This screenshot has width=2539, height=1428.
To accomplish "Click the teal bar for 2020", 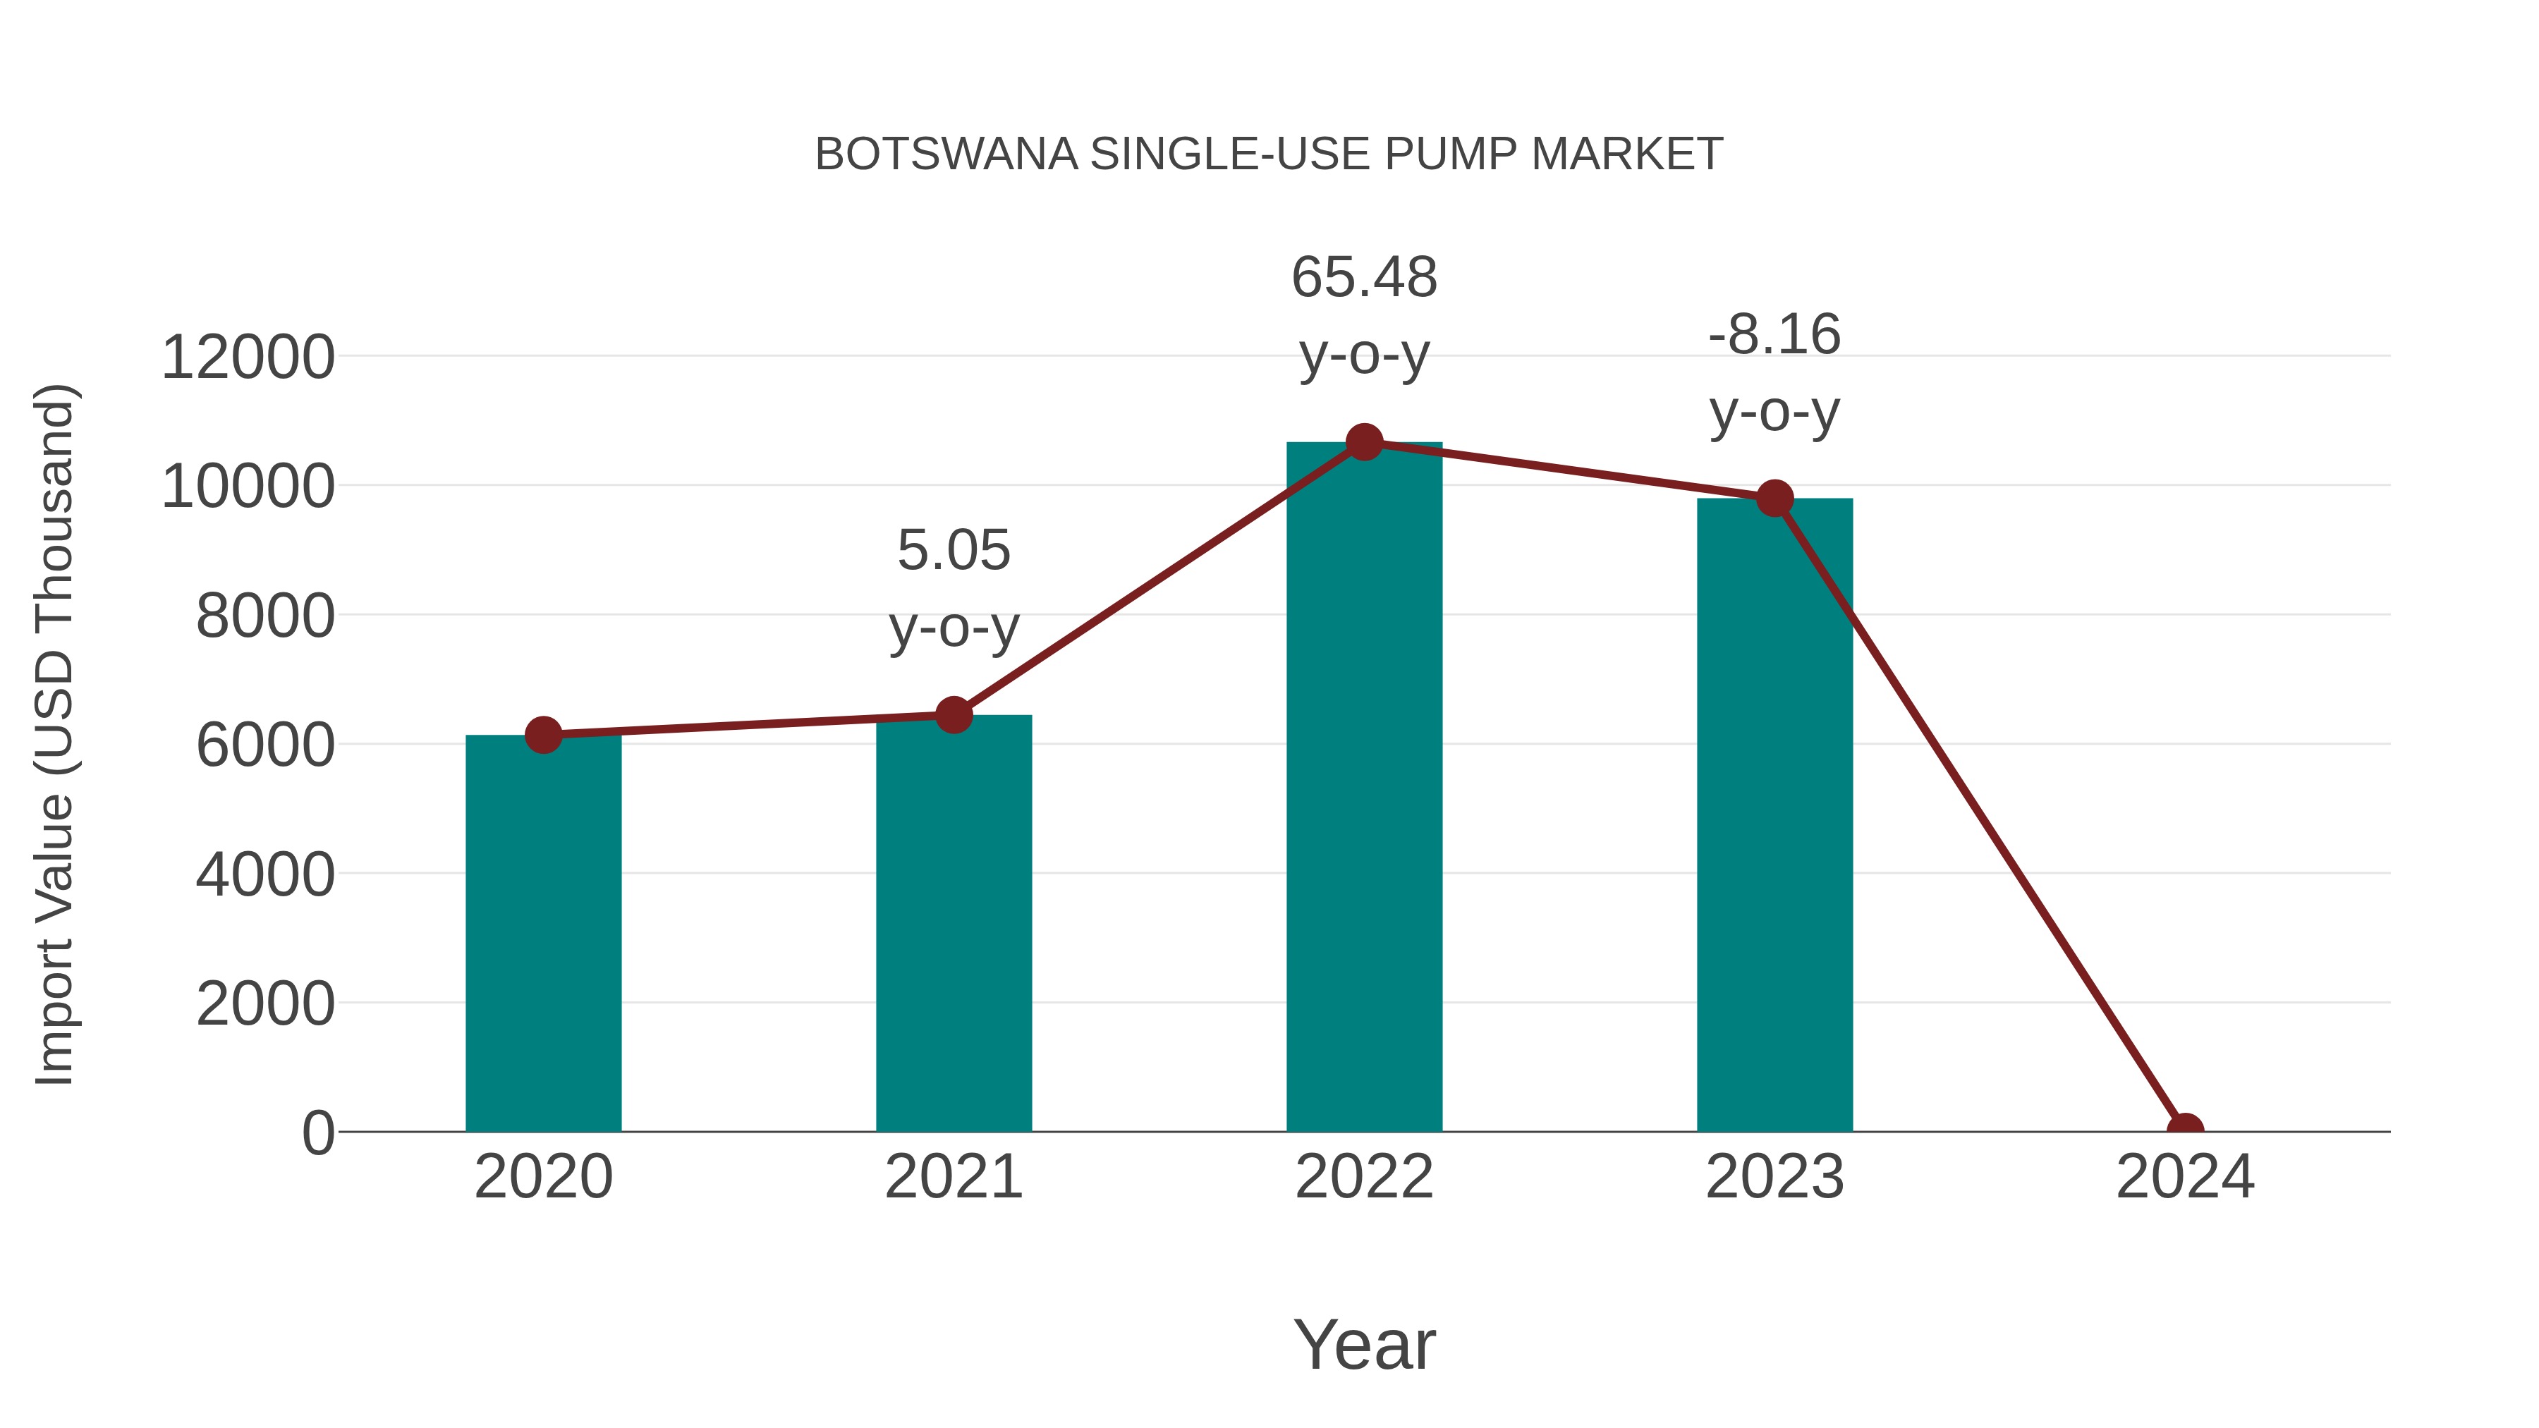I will click(x=543, y=936).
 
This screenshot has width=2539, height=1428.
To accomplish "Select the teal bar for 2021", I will click(x=953, y=927).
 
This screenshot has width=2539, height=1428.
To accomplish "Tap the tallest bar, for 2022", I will click(x=1364, y=788).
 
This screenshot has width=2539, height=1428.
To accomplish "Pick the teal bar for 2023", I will click(x=1774, y=818).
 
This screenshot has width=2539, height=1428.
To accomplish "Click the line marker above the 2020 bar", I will click(x=543, y=734).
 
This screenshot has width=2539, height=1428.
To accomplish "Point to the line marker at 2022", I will click(x=1364, y=442).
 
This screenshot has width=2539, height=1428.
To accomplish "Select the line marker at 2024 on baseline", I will click(x=2185, y=1130).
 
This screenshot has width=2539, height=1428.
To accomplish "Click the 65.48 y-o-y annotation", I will click(x=1364, y=315).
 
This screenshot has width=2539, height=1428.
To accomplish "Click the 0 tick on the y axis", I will click(x=318, y=1133).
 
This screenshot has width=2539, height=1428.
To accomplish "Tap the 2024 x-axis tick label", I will click(x=2185, y=1177).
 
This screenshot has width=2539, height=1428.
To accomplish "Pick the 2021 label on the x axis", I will click(x=953, y=1177).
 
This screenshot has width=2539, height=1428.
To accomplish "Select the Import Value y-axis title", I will click(x=55, y=734).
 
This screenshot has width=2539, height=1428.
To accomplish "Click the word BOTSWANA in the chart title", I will click(x=946, y=154).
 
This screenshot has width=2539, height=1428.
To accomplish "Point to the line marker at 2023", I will click(x=1774, y=499).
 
